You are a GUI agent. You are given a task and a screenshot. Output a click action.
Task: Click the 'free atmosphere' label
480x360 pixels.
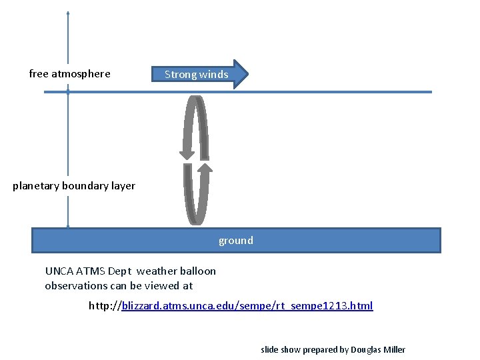pos(70,74)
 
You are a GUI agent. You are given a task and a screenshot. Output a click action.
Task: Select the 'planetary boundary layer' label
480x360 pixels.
pos(74,186)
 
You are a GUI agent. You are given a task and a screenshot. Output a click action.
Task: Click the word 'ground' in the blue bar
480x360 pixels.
pos(236,241)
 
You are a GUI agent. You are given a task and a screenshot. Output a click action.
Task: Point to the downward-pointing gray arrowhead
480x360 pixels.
pos(187,154)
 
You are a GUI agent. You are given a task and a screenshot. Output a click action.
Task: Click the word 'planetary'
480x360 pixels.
pos(35,186)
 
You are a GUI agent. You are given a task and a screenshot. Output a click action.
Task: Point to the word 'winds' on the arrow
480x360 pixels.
pos(213,75)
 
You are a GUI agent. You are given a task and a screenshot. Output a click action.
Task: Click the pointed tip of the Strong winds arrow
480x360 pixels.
pos(247,74)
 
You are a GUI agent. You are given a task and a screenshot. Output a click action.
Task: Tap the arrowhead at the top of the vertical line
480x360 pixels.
pos(68,13)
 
